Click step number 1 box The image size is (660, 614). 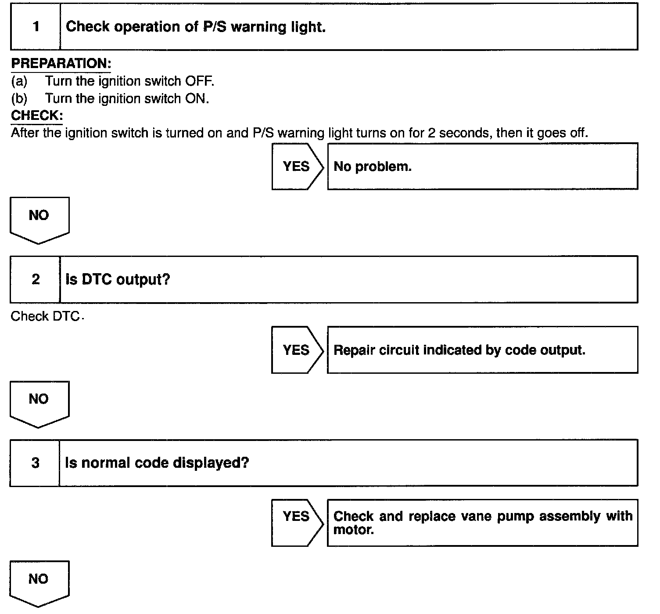(36, 27)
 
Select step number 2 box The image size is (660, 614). (35, 279)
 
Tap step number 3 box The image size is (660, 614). (35, 463)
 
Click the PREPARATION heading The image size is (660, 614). (61, 64)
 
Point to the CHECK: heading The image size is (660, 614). (37, 116)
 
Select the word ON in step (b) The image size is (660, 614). (195, 98)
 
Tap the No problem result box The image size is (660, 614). (482, 166)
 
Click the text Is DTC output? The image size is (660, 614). (118, 279)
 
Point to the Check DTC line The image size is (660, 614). (46, 316)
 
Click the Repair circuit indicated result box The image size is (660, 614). (482, 350)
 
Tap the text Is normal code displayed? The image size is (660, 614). (157, 463)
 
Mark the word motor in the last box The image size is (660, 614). (353, 530)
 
